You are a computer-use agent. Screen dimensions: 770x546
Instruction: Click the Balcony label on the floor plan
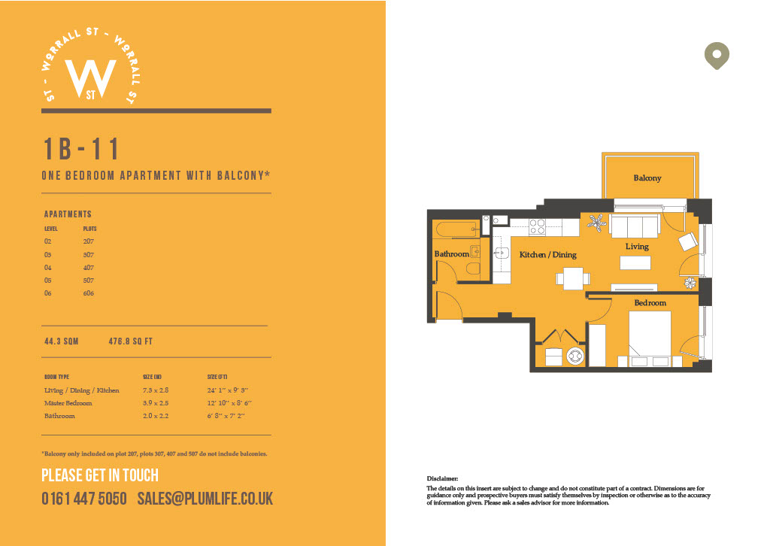[647, 177]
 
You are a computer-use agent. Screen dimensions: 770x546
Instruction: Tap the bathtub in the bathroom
[456, 229]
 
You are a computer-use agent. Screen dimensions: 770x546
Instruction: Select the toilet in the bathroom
[472, 268]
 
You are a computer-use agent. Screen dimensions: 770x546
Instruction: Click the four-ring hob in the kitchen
[537, 227]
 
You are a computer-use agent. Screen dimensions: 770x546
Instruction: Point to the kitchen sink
[502, 253]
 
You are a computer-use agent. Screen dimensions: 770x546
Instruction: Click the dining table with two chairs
[573, 278]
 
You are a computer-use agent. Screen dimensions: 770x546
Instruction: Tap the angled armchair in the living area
[688, 241]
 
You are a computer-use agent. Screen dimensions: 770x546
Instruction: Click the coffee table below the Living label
[635, 262]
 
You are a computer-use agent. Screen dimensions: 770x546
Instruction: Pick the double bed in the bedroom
[650, 338]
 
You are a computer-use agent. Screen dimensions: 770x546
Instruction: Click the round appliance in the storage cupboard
[574, 356]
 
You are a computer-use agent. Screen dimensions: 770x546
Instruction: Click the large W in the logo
[91, 78]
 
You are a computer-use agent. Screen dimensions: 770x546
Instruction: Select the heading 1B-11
[81, 149]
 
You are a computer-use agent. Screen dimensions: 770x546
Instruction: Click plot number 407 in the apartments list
[89, 268]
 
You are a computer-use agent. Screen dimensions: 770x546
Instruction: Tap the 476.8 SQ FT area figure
[131, 341]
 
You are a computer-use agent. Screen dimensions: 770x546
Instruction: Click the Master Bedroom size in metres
[156, 403]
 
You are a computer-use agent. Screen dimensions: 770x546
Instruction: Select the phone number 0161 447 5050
[84, 499]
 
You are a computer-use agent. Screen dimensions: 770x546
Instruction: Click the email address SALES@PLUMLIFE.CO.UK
[205, 499]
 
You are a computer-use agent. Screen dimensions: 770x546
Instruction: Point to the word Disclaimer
[442, 478]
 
